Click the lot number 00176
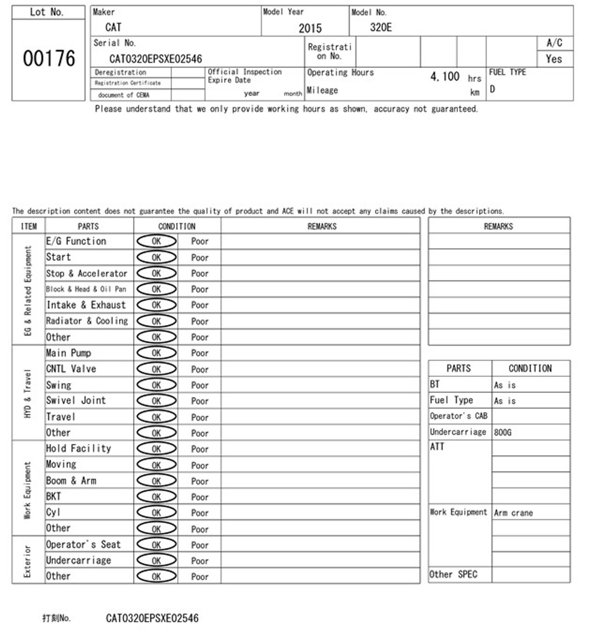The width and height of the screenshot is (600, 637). tap(49, 59)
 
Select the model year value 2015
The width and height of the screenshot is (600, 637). tap(310, 28)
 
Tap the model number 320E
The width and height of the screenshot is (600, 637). tap(381, 27)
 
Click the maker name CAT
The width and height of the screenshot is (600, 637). tap(113, 27)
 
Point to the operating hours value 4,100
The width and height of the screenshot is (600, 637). tap(445, 76)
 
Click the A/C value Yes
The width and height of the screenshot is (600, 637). tap(554, 59)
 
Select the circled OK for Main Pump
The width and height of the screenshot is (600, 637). tap(156, 353)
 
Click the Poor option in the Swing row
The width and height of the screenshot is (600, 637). tap(200, 385)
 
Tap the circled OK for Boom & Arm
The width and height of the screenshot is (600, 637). tap(156, 481)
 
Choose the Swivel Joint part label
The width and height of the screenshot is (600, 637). tap(76, 400)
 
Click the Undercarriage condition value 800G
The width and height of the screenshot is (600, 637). tap(503, 432)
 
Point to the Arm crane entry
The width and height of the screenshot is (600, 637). tap(513, 513)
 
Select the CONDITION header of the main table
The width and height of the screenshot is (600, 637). tap(177, 226)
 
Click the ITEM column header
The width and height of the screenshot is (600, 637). tap(28, 227)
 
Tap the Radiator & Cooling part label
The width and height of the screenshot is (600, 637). tap(87, 321)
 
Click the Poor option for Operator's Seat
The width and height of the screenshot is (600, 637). tap(200, 545)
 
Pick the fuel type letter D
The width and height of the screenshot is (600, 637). tap(492, 89)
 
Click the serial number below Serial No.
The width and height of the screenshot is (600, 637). tap(156, 59)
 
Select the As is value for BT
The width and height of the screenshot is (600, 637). tap(505, 385)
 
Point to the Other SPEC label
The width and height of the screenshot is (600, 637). tap(453, 574)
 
